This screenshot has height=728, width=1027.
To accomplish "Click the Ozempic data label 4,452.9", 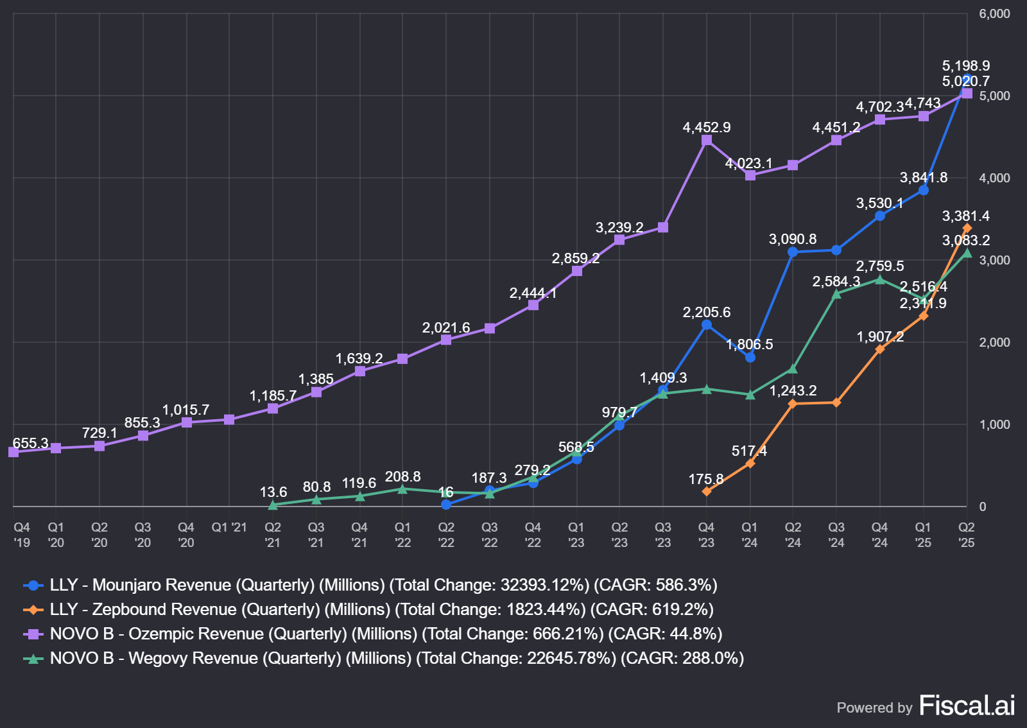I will tap(706, 127).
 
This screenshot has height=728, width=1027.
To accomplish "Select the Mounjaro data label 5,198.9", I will tap(965, 65).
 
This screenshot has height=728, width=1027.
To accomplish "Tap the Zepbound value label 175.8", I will tap(705, 479).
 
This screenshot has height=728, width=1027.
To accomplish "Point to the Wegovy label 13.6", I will tap(273, 492).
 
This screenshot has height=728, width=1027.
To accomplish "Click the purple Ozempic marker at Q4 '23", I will tap(707, 140).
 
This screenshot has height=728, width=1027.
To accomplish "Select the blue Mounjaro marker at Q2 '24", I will tap(793, 252).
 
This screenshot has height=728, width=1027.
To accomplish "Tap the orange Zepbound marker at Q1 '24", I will tap(750, 463).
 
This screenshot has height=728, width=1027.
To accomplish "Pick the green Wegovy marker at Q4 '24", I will tap(879, 279).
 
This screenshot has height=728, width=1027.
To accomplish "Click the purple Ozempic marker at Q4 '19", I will tap(13, 452).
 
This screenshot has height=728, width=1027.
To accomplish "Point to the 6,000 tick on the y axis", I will tap(994, 13).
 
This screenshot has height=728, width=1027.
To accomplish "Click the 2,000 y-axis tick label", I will tap(994, 342).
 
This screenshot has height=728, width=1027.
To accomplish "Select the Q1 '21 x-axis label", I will tap(229, 527).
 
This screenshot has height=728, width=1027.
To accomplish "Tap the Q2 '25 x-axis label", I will tap(966, 535).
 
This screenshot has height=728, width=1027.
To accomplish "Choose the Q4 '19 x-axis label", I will tap(22, 535).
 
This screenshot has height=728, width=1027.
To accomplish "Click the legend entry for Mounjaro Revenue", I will tap(383, 585).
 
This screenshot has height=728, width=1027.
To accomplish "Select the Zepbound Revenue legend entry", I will tap(381, 609).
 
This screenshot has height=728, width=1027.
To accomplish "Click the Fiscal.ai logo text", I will tap(967, 706).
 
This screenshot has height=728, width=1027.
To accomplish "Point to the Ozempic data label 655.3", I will tap(30, 443).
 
